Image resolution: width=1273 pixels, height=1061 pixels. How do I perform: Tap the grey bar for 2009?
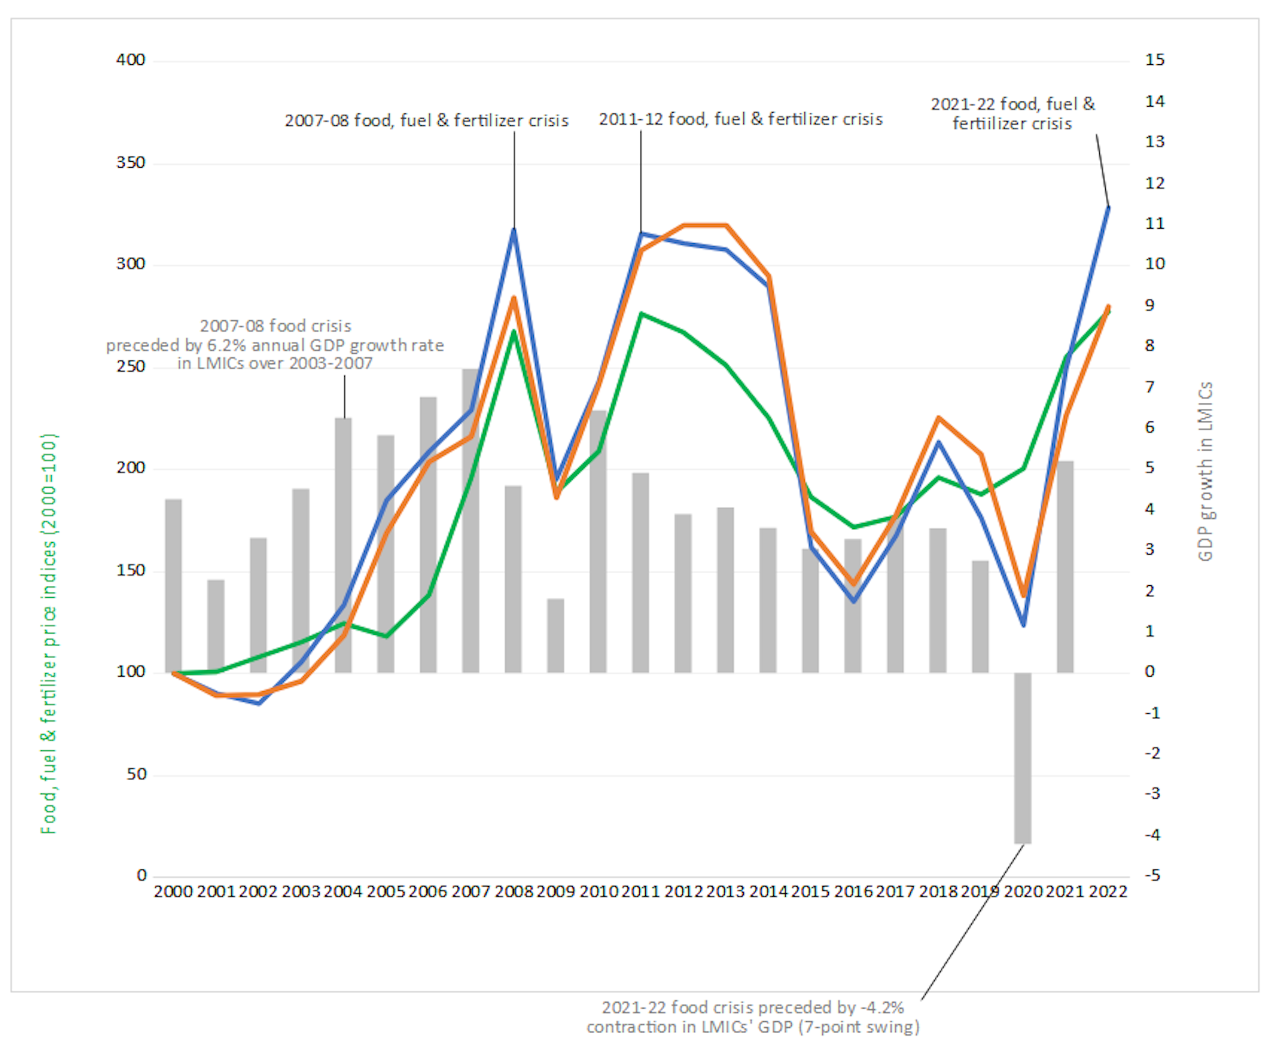(556, 636)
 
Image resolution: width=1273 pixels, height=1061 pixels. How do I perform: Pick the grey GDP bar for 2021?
(1065, 567)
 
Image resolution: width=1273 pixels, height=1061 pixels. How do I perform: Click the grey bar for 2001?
(216, 626)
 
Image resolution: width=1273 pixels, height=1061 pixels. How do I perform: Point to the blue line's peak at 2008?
(514, 229)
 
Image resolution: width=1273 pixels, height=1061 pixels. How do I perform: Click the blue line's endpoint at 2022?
(1108, 208)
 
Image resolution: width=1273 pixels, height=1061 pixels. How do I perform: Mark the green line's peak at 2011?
(641, 313)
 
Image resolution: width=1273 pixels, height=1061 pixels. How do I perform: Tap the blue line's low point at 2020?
(1023, 624)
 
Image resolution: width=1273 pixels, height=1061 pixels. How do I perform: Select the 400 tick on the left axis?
(131, 60)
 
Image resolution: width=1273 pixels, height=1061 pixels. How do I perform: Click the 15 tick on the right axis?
(1154, 60)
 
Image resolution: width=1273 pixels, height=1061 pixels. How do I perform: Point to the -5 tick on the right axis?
(1153, 875)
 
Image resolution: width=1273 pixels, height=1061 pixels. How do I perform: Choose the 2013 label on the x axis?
(725, 891)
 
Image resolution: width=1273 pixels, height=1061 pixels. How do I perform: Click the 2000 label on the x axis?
(173, 891)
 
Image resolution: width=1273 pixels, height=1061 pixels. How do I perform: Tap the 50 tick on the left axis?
(136, 774)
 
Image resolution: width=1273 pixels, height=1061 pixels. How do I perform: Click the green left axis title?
(49, 633)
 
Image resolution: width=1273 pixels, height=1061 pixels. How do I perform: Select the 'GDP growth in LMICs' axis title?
(1205, 471)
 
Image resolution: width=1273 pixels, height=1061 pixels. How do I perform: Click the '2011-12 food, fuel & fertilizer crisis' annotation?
(741, 119)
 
